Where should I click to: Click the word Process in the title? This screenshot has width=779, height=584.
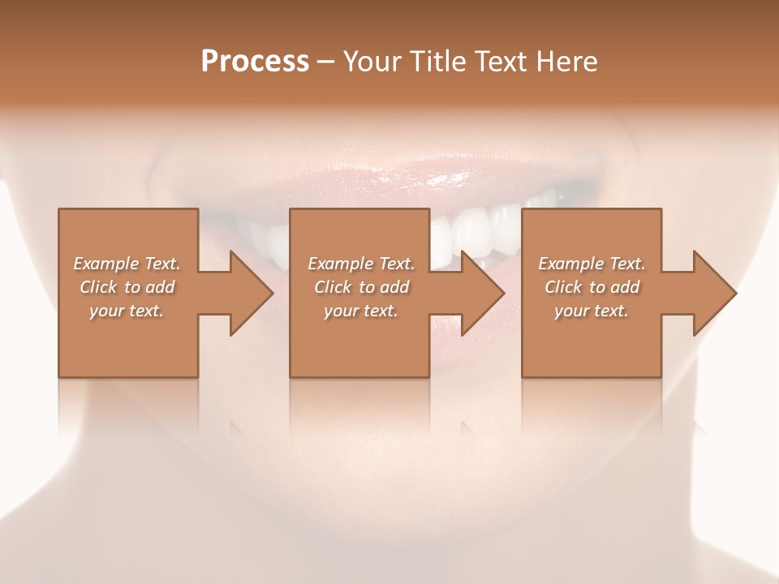(255, 62)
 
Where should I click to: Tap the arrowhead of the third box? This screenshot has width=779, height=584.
(713, 293)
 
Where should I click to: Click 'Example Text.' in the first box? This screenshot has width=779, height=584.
(127, 264)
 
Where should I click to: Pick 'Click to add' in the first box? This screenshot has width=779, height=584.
(127, 287)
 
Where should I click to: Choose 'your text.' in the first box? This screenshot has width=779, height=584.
(127, 311)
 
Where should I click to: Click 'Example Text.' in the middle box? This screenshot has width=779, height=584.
(361, 264)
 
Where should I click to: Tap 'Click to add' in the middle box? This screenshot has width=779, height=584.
(361, 287)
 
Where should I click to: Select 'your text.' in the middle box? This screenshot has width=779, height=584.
(361, 311)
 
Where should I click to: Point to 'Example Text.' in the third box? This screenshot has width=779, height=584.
(592, 264)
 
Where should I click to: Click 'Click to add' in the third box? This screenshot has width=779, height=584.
(592, 287)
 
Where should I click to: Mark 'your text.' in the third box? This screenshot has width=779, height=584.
(592, 311)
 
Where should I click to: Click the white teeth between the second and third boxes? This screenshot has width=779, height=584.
(475, 231)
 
